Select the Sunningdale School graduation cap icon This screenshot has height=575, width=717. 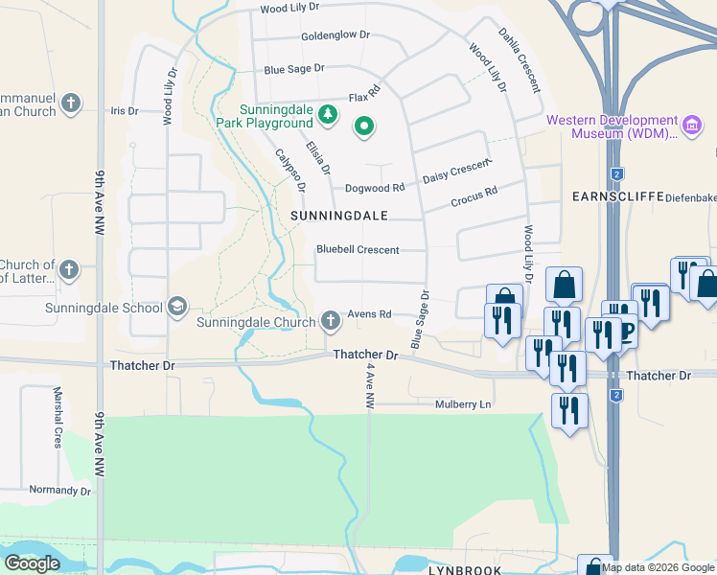176,307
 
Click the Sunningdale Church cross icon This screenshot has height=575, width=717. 330,320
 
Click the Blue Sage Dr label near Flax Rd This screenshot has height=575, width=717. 294,69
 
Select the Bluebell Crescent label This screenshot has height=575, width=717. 358,250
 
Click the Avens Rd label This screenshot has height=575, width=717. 370,314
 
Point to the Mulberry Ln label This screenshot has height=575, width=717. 463,404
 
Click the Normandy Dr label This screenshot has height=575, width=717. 59,491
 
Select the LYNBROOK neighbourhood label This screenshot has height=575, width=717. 465,569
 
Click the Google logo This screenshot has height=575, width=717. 32,563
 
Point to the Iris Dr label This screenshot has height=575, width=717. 125,111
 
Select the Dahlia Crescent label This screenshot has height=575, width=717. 519,59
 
